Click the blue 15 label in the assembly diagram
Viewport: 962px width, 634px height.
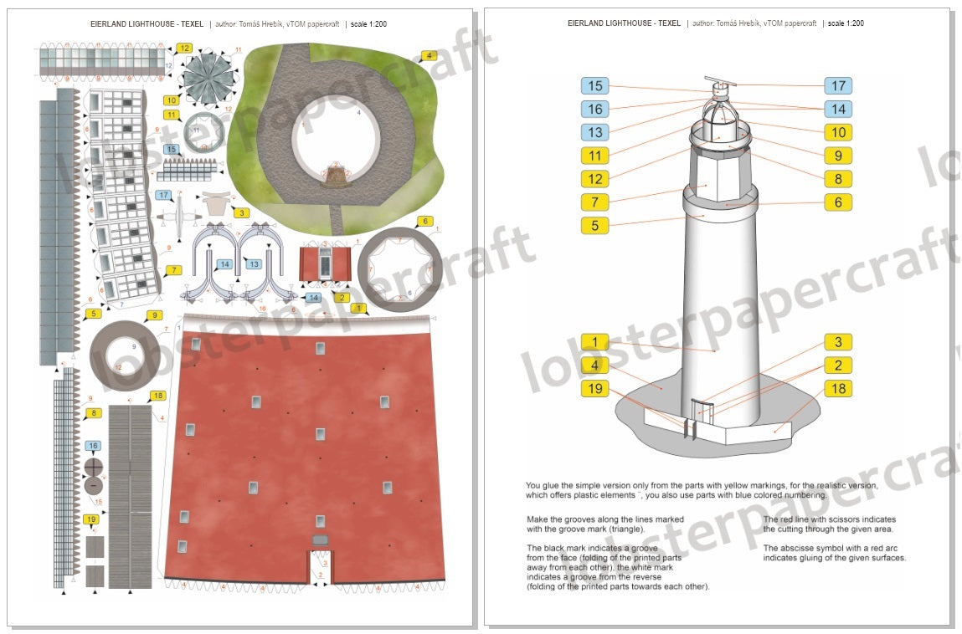click(595, 85)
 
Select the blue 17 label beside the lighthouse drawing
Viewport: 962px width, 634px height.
click(837, 85)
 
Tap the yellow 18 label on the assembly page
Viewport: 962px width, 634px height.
click(837, 388)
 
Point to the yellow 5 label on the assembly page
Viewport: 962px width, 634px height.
click(595, 225)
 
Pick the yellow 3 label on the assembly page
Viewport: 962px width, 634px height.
click(837, 341)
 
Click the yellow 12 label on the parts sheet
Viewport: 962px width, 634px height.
click(183, 48)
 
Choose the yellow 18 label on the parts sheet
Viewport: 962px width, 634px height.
click(157, 395)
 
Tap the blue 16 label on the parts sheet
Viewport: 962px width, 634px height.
click(93, 446)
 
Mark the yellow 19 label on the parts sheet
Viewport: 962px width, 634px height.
click(91, 519)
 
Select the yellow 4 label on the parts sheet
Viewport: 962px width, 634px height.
click(430, 55)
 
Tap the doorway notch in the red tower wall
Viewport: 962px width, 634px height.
click(320, 565)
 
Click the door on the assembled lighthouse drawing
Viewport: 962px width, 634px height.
click(702, 413)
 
